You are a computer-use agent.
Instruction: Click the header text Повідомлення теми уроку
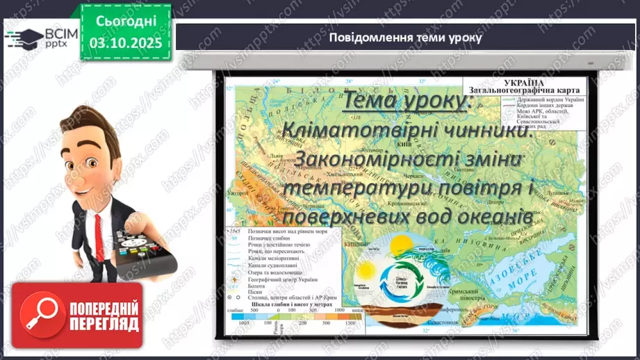[x=405, y=37]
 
